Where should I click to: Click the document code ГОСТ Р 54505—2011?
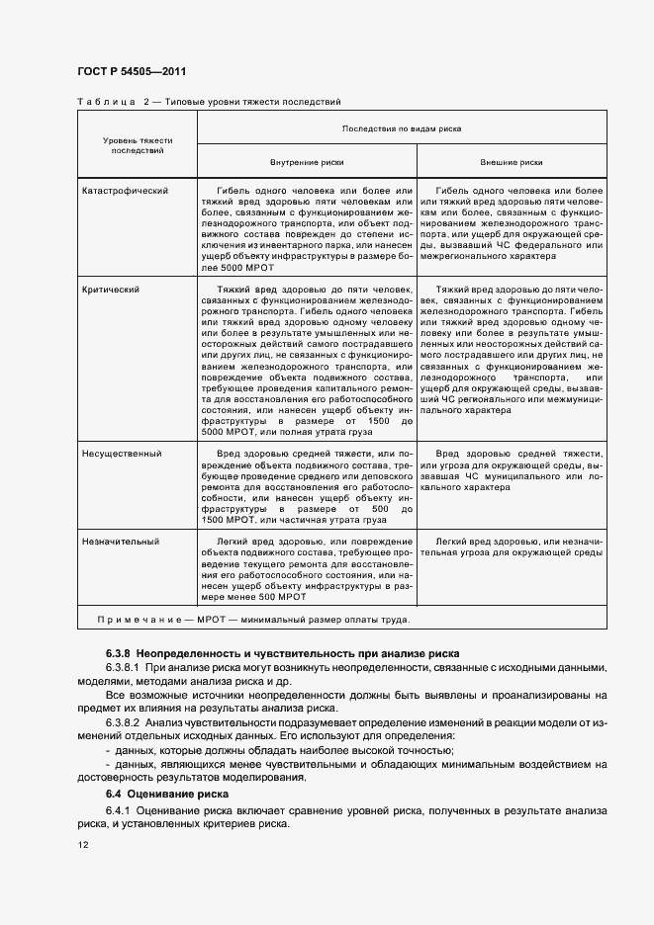[x=131, y=71]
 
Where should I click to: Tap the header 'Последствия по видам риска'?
[x=402, y=128]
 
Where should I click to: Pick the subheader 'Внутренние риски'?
[x=307, y=162]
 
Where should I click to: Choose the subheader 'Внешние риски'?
[x=512, y=162]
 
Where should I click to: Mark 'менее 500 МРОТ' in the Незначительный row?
[x=268, y=597]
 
